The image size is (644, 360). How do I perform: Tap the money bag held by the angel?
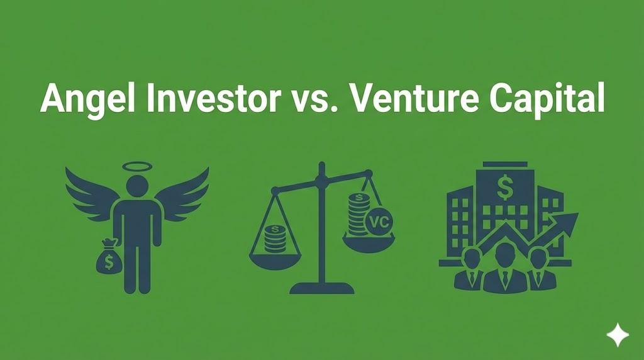tap(108, 261)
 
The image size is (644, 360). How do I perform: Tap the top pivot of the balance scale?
tap(321, 179)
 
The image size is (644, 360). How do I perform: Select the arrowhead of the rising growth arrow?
tap(569, 222)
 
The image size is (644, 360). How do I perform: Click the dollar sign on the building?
tap(504, 185)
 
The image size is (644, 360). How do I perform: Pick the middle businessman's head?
tap(504, 254)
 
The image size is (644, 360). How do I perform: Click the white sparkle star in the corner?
tap(618, 334)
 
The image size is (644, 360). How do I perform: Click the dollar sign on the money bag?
tap(108, 264)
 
